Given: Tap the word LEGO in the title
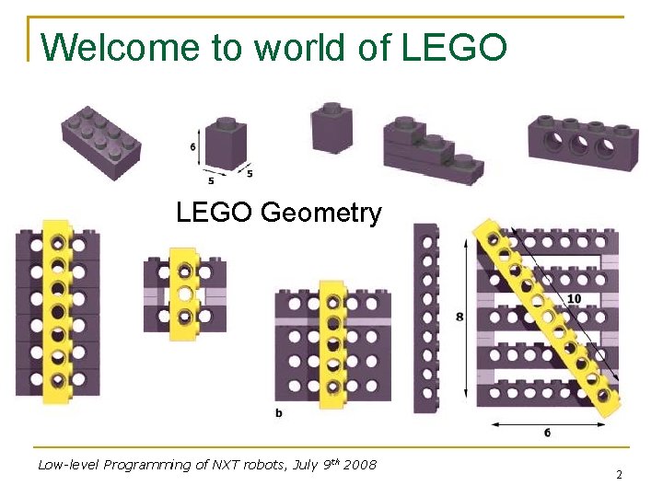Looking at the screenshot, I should pos(454,47).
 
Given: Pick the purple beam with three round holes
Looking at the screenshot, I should pos(582,144).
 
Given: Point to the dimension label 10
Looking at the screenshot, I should pos(574,298).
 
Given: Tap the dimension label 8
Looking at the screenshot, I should pos(459,317).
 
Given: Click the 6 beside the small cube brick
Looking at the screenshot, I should pos(192,146).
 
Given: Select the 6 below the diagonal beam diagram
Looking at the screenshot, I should pos(548,432).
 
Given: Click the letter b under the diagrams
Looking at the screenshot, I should pos(278,413).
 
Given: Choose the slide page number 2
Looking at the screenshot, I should pos(619,474).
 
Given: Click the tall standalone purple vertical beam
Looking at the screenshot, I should pos(425,318).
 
